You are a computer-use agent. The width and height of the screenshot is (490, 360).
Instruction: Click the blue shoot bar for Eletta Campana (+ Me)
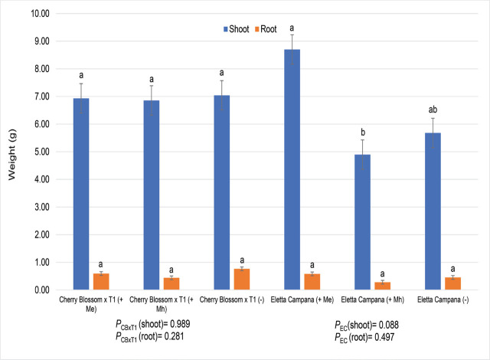tap(292, 169)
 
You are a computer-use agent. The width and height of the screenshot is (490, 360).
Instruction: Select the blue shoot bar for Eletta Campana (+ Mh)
tap(362, 222)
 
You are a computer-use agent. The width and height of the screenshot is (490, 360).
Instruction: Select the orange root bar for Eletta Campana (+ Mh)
tap(383, 286)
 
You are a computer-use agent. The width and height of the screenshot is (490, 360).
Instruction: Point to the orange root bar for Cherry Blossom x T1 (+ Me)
tap(101, 281)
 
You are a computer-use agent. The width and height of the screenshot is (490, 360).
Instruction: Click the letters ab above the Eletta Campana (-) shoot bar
tap(433, 110)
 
